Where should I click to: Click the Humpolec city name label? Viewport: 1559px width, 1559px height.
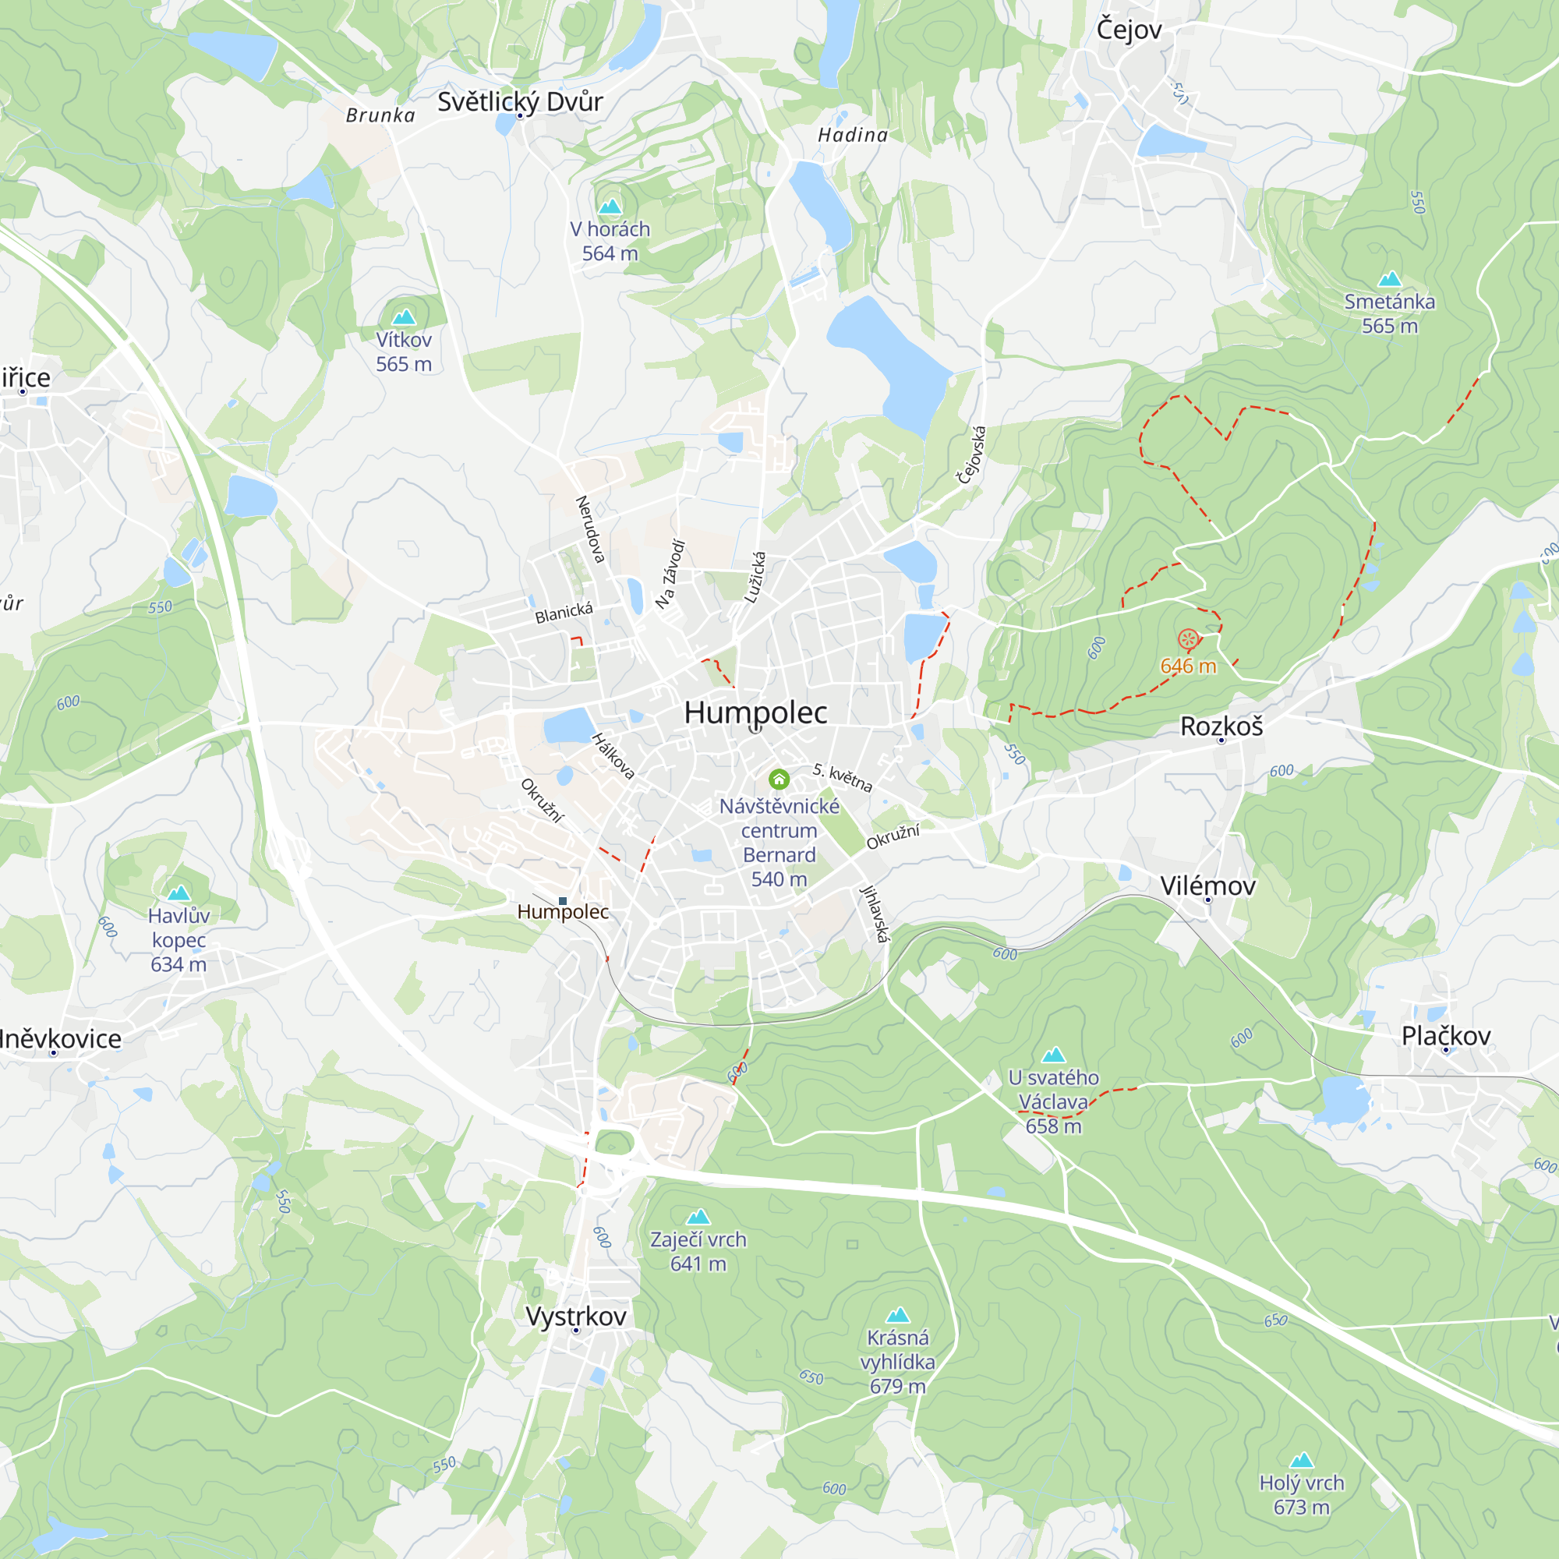coord(755,712)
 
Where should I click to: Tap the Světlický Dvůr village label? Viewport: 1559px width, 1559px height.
coord(521,101)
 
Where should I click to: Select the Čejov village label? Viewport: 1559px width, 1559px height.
coord(1129,30)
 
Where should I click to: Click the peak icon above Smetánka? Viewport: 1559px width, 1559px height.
coord(1390,279)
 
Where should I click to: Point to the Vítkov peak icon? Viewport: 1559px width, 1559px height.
coord(404,316)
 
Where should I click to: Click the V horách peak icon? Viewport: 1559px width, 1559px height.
coord(610,206)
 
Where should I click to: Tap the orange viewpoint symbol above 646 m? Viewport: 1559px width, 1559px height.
coord(1188,640)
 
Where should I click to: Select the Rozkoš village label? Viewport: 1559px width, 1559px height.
coord(1221,726)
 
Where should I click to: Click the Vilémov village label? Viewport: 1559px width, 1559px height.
coord(1208,886)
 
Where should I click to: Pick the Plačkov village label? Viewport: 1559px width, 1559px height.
coord(1446,1036)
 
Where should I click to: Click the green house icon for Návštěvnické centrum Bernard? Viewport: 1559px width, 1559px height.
coord(779,779)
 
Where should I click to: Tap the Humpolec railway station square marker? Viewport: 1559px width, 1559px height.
coord(563,900)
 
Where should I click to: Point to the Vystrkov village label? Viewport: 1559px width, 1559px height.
coord(575,1316)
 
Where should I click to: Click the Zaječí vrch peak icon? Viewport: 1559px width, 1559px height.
coord(698,1216)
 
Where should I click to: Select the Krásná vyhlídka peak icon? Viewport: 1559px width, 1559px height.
coord(897,1314)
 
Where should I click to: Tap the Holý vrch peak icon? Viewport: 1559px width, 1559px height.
coord(1302,1460)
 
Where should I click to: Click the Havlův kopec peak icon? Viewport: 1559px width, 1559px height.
coord(179,893)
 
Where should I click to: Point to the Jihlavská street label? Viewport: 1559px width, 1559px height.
coord(875,914)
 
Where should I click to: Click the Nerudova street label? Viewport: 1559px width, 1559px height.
coord(590,529)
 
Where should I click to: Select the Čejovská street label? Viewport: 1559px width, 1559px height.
coord(971,455)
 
